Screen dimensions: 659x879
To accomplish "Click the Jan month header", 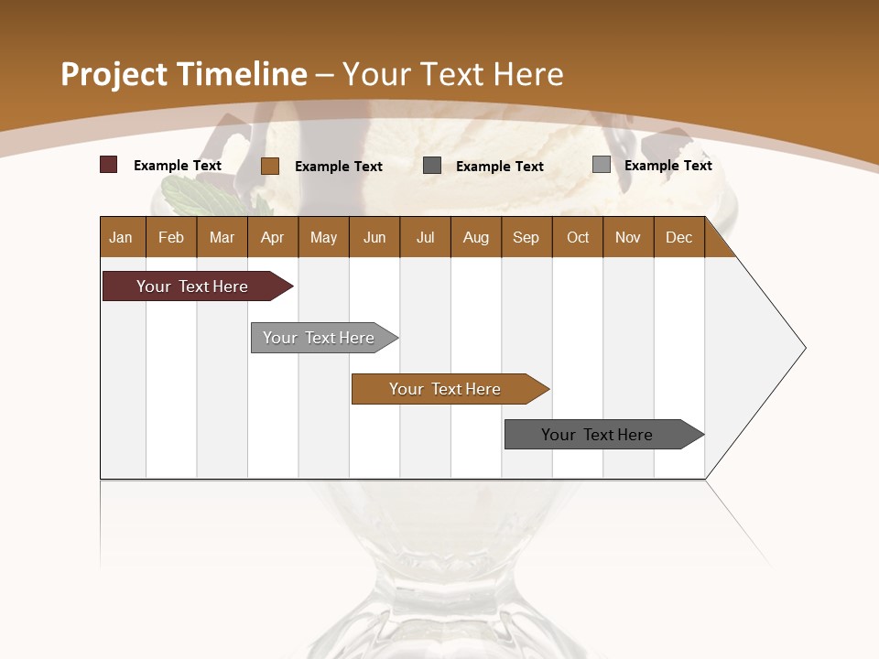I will click(121, 237).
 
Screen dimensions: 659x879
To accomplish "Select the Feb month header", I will click(171, 237).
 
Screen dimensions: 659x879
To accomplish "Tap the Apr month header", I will click(272, 237).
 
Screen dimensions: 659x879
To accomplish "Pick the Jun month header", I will click(374, 237).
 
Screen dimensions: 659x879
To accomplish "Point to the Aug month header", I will click(475, 237).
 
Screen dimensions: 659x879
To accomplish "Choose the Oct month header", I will click(578, 237).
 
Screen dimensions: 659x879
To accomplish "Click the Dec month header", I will click(678, 237).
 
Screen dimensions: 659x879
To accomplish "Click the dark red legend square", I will click(109, 165).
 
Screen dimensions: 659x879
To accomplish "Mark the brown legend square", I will click(270, 166).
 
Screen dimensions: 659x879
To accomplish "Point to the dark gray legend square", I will click(432, 166).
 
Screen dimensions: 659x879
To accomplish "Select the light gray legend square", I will click(602, 165).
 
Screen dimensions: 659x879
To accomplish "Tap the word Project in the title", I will click(114, 74).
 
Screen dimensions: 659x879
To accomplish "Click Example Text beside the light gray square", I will click(667, 166).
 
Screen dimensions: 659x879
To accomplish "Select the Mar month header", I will click(222, 237).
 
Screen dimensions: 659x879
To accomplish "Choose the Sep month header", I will click(526, 237).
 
